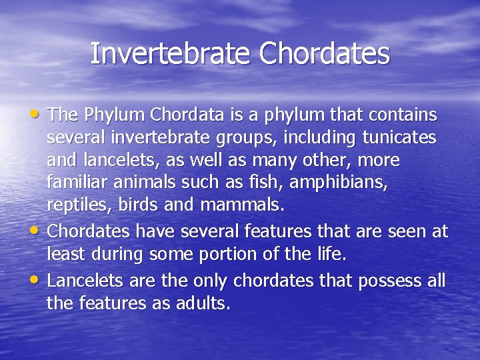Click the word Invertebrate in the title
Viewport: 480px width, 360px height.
tap(171, 54)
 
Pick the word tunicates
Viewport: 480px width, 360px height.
tap(399, 138)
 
